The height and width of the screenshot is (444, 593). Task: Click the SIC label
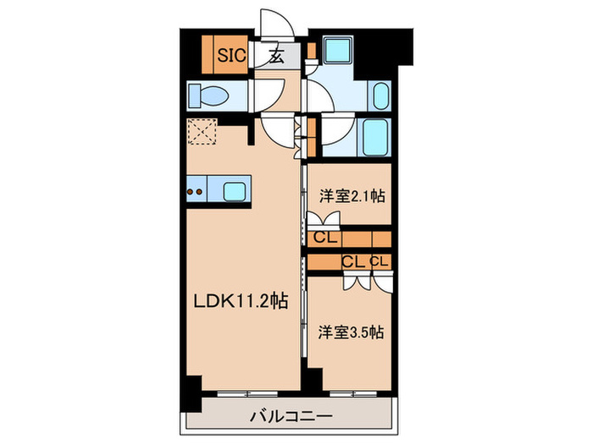[231, 57]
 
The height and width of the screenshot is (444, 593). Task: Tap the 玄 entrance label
[276, 57]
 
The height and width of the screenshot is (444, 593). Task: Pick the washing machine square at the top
[341, 53]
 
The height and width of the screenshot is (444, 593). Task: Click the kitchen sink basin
[235, 190]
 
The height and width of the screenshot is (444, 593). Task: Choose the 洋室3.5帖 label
[351, 332]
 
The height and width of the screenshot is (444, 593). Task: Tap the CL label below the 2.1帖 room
[323, 238]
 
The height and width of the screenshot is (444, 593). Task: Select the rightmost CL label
[379, 261]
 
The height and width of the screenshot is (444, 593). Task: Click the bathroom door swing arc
[330, 130]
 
